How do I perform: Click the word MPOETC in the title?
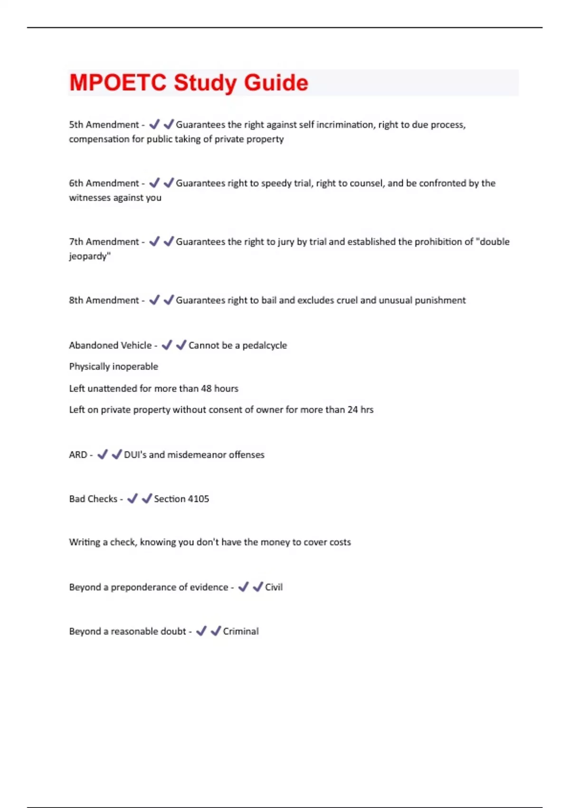tap(118, 83)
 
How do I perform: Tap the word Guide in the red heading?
tap(276, 83)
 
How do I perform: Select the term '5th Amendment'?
tap(104, 125)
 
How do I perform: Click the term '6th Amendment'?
tap(104, 183)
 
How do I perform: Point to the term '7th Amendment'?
tap(104, 241)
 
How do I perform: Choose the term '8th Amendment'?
tap(104, 300)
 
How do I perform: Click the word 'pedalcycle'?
tap(265, 345)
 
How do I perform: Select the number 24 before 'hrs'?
tap(352, 410)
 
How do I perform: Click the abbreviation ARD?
tap(78, 455)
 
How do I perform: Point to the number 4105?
tap(198, 499)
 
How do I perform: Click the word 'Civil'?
tap(274, 587)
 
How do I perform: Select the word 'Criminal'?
tap(241, 631)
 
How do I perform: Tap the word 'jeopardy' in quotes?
tap(88, 256)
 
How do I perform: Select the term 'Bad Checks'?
tap(93, 499)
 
